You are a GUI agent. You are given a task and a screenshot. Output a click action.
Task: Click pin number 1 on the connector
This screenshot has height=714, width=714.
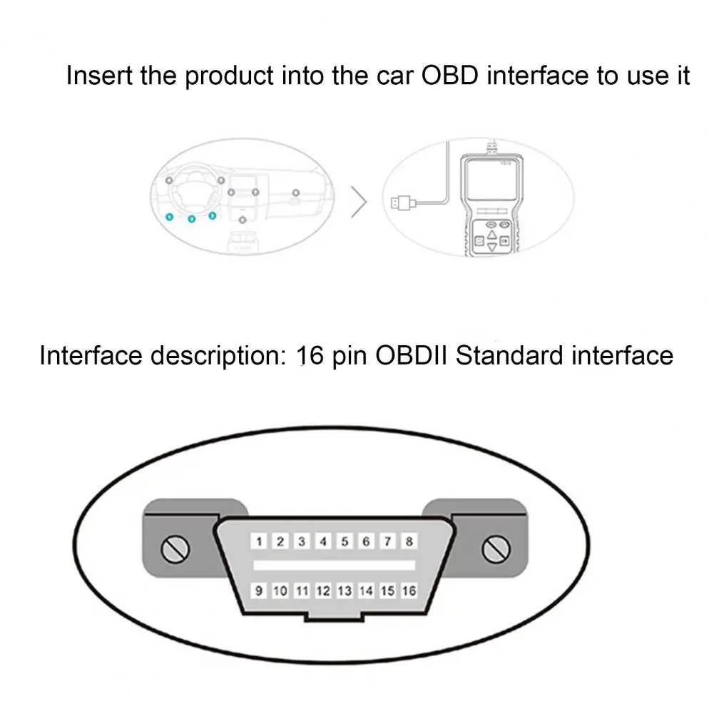(259, 541)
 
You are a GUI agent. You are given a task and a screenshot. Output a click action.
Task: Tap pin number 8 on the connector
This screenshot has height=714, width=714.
(409, 541)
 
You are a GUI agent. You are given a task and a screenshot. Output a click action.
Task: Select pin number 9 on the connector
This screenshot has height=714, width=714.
(259, 591)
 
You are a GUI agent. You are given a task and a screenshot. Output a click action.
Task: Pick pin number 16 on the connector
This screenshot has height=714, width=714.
(409, 591)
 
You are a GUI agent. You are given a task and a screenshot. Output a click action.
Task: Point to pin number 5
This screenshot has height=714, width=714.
(345, 541)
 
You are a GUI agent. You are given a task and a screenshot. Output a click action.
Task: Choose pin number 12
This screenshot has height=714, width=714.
(323, 591)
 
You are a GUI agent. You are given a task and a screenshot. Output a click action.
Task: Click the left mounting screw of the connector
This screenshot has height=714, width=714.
(175, 549)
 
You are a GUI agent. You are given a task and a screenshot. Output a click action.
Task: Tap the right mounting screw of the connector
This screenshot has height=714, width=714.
(496, 549)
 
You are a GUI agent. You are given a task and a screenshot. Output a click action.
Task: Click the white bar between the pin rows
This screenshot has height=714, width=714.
(335, 566)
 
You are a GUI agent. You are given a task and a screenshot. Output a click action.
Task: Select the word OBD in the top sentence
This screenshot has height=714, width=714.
(450, 75)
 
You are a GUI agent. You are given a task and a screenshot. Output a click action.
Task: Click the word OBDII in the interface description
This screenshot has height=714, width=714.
(412, 355)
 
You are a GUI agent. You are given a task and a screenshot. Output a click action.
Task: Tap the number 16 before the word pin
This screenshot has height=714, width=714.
(310, 355)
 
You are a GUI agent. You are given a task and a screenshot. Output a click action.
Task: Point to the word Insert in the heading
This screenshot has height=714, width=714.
(99, 75)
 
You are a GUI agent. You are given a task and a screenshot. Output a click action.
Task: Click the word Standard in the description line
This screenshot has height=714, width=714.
(509, 355)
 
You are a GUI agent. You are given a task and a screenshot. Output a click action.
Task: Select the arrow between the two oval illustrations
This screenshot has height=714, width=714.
(359, 202)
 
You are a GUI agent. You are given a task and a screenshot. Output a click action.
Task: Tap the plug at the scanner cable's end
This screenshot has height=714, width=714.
(402, 202)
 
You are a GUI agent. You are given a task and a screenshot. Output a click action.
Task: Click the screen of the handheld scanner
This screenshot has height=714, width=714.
(491, 181)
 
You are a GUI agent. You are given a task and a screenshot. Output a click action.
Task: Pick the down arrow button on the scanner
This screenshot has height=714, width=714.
(491, 248)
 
